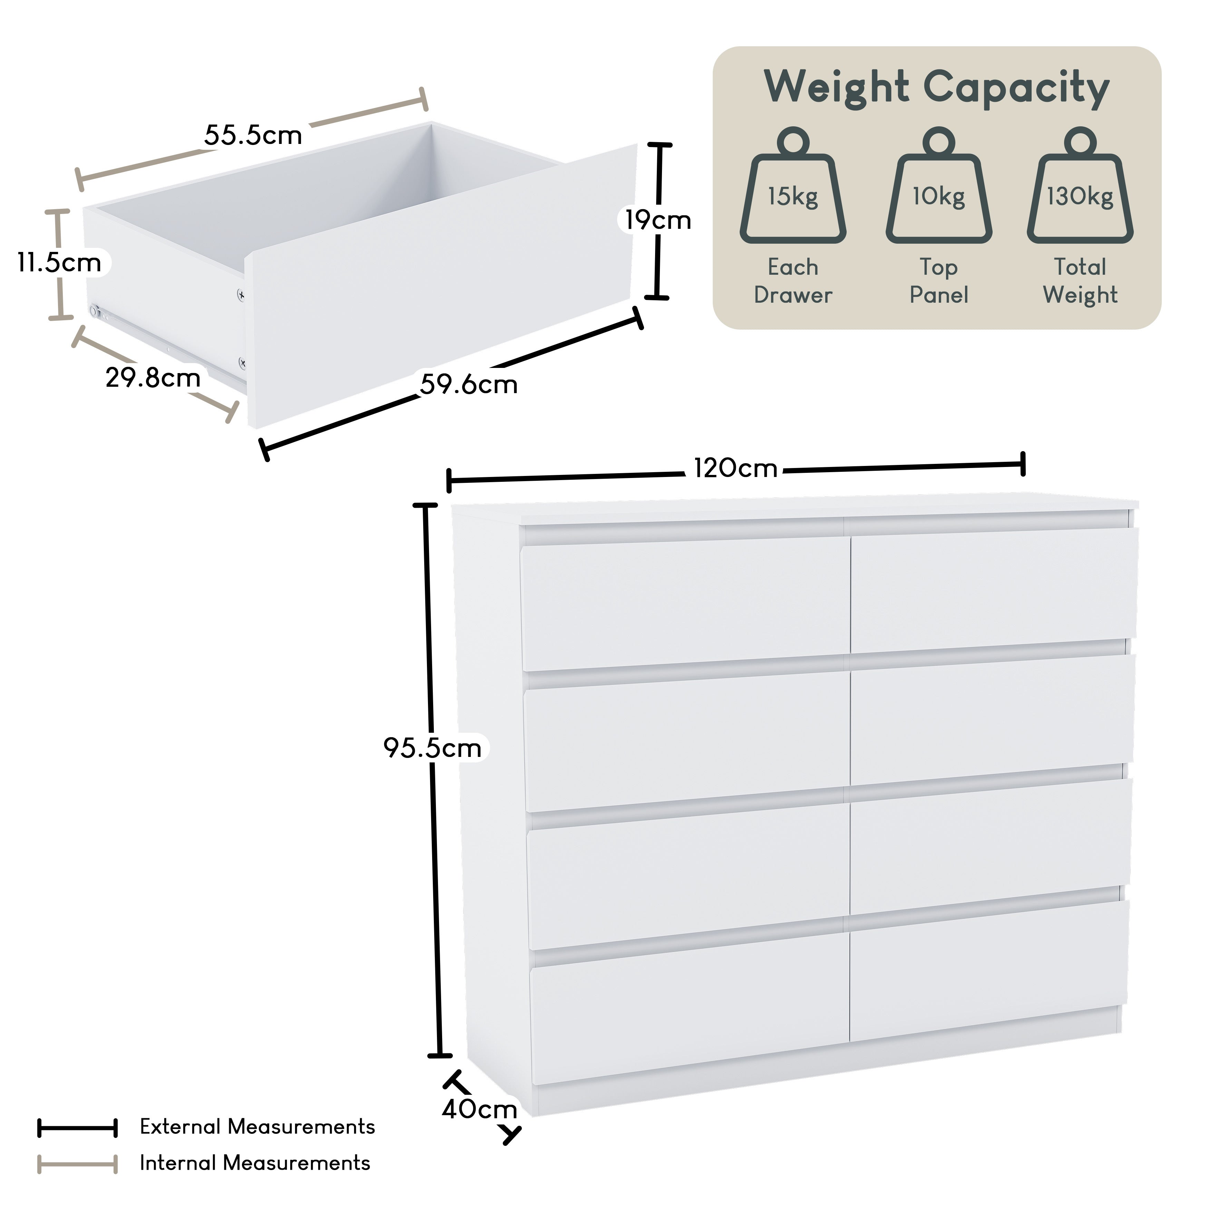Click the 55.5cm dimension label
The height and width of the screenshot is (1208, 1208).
point(253,135)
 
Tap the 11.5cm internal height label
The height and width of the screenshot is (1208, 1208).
point(59,263)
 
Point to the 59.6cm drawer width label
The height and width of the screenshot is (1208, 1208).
point(469,384)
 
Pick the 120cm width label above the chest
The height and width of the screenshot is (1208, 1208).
point(735,468)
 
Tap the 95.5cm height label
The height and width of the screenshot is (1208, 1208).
point(433,748)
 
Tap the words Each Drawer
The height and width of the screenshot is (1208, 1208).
point(793,281)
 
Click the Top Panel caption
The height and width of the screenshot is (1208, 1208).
point(938,281)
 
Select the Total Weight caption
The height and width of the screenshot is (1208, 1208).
point(1080,281)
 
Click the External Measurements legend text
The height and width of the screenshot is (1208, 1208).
point(257,1127)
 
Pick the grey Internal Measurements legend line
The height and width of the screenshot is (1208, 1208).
point(78,1164)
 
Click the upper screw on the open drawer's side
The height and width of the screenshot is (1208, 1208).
point(241,293)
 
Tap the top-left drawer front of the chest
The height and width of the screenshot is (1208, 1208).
point(685,603)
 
